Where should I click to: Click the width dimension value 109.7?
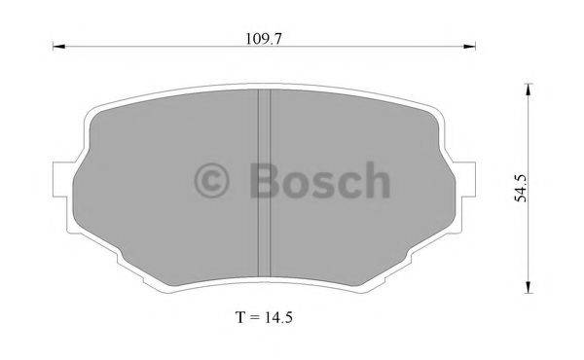tap(264, 38)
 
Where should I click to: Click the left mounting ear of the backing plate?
tap(61, 181)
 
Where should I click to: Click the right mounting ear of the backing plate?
tap(465, 181)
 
